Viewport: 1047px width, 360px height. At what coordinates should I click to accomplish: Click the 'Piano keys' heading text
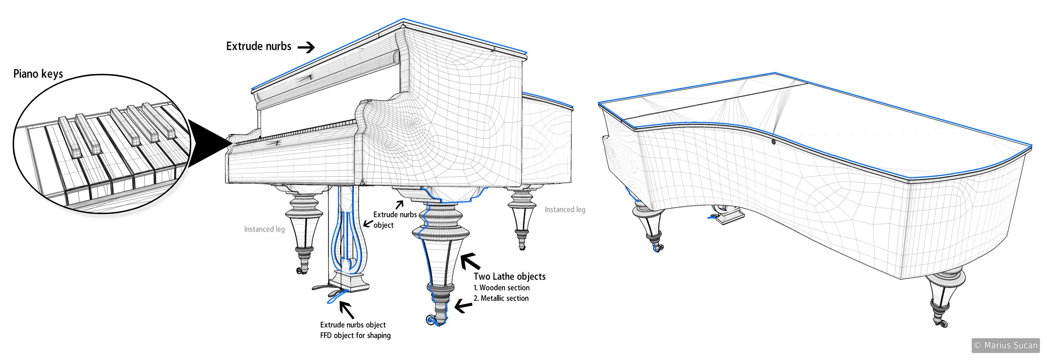pyautogui.click(x=38, y=74)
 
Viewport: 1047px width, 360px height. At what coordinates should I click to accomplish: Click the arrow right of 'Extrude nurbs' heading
pyautogui.click(x=306, y=47)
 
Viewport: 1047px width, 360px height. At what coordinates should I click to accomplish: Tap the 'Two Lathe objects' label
pyautogui.click(x=509, y=277)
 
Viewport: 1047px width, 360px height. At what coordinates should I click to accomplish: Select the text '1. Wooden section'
pyautogui.click(x=502, y=288)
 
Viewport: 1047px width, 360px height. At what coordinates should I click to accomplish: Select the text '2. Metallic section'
pyautogui.click(x=501, y=298)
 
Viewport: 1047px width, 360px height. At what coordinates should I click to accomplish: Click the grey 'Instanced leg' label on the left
pyautogui.click(x=264, y=229)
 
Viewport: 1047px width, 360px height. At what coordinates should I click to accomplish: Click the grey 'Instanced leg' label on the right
pyautogui.click(x=565, y=210)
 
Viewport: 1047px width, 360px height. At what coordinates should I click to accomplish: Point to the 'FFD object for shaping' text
pyautogui.click(x=355, y=336)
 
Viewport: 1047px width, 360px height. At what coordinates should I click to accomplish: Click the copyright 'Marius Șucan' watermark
pyautogui.click(x=1005, y=345)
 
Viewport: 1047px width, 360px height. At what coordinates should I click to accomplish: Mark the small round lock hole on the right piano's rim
pyautogui.click(x=773, y=142)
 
